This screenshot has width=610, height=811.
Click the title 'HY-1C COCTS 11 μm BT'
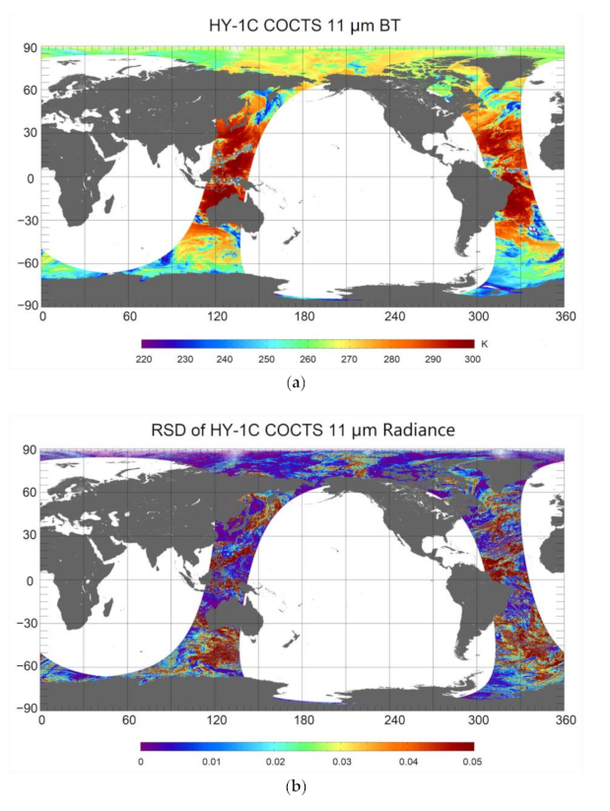coord(303,26)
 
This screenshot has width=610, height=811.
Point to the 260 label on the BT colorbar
coord(307,359)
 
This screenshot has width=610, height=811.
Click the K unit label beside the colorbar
coord(485,343)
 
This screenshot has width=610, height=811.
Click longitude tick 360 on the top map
coord(565,316)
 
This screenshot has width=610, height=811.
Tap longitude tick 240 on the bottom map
coord(390,719)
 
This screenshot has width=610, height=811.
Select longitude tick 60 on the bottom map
coord(128,719)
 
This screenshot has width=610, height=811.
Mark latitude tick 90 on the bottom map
coord(29,451)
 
